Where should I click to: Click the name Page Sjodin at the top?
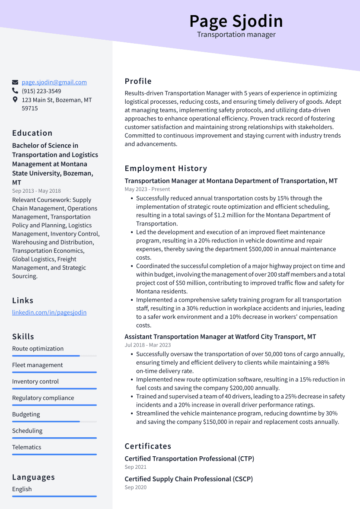[x=236, y=21]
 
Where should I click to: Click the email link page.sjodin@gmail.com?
[x=54, y=82]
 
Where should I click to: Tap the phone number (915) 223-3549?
[x=41, y=91]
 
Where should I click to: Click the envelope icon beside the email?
[x=15, y=82]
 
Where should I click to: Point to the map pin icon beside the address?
[x=15, y=100]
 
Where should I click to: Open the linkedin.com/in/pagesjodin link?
[x=49, y=312]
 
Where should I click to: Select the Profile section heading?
[x=138, y=81]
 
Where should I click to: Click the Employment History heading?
[x=166, y=169]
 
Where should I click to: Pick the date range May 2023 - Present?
[x=147, y=189]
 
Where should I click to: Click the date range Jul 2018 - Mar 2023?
[x=148, y=345]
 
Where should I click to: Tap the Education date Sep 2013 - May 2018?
[x=36, y=191]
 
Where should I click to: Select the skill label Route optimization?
[x=38, y=349]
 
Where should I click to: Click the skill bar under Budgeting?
[x=46, y=421]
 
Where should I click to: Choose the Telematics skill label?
[x=27, y=447]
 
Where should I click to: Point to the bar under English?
[x=54, y=496]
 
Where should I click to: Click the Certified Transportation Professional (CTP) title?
[x=189, y=458]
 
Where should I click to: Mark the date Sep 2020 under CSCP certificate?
[x=136, y=487]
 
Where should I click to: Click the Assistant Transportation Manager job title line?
[x=220, y=337]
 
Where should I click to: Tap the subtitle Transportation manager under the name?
[x=236, y=35]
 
